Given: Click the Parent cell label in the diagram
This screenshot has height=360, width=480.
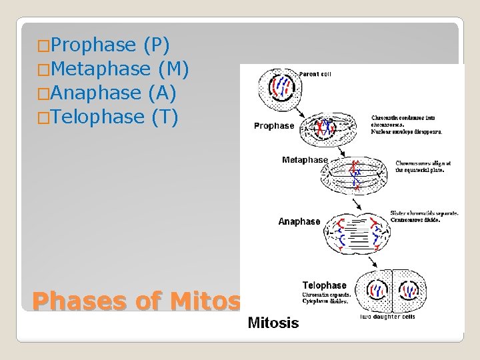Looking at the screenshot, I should [315, 74].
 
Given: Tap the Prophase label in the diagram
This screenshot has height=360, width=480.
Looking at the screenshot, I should [274, 126].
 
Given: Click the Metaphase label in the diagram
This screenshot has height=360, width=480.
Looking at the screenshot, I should [305, 160].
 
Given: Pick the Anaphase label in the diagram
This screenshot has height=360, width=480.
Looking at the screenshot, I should [299, 221].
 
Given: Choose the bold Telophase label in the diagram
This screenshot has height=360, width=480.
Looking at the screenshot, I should [324, 285].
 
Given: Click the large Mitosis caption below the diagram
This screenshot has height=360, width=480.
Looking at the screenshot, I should [273, 323].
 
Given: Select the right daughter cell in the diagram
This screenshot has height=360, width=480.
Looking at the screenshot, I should [409, 290].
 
